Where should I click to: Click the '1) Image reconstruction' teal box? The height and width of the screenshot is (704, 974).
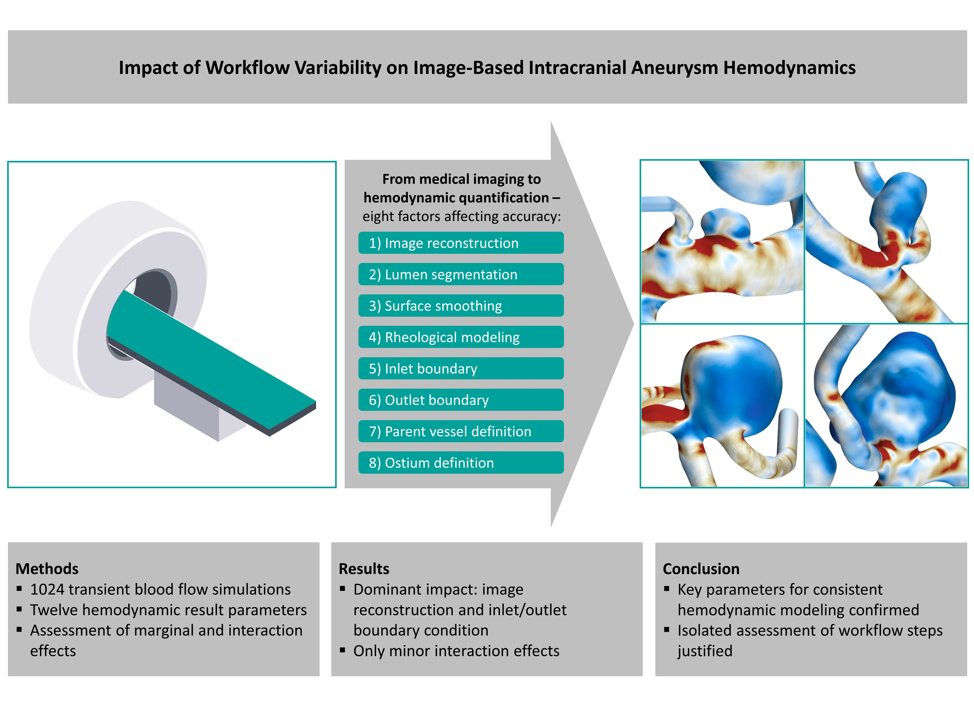coord(461,243)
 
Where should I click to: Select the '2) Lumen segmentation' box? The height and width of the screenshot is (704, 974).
coord(461,274)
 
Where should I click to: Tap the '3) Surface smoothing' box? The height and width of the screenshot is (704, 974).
coord(461,306)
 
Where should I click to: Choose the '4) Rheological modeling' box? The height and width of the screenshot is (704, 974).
coord(461,337)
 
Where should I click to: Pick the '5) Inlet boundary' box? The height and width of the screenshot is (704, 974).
coord(461,368)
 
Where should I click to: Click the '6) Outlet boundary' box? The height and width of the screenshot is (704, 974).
coord(461,400)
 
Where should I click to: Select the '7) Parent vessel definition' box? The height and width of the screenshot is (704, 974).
coord(461,431)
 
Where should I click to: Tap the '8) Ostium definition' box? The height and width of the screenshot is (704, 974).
coord(461,463)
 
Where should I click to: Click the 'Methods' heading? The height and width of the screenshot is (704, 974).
coord(47,569)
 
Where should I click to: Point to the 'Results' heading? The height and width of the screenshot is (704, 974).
coord(364,569)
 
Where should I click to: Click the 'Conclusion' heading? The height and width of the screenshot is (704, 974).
coord(701,569)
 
